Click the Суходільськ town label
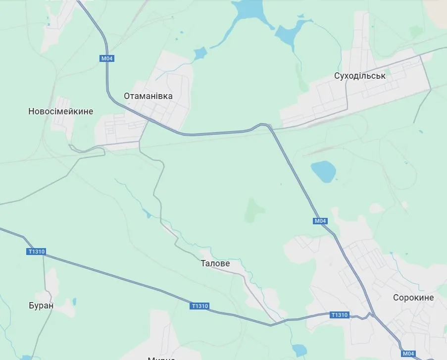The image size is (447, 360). tap(359, 76)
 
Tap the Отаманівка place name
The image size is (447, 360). tap(148, 96)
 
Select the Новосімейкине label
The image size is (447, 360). tap(61, 111)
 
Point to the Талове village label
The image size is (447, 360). tap(215, 263)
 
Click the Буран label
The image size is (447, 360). tap(41, 306)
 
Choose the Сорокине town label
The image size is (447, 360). tap(413, 298)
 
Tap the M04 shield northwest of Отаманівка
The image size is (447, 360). tap(107, 58)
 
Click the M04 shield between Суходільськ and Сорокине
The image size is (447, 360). tap(320, 221)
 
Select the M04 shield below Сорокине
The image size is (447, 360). tap(408, 354)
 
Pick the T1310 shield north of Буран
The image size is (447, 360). tap(37, 252)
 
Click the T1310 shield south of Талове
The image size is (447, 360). tap(199, 306)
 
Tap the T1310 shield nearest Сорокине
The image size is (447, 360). tap(340, 314)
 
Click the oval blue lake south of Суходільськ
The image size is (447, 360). tap(323, 171)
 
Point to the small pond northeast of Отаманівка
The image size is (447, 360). tap(199, 53)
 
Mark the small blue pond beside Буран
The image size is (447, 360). tap(74, 301)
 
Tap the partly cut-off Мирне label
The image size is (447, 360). tap(161, 358)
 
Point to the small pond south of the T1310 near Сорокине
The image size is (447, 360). tap(299, 350)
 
